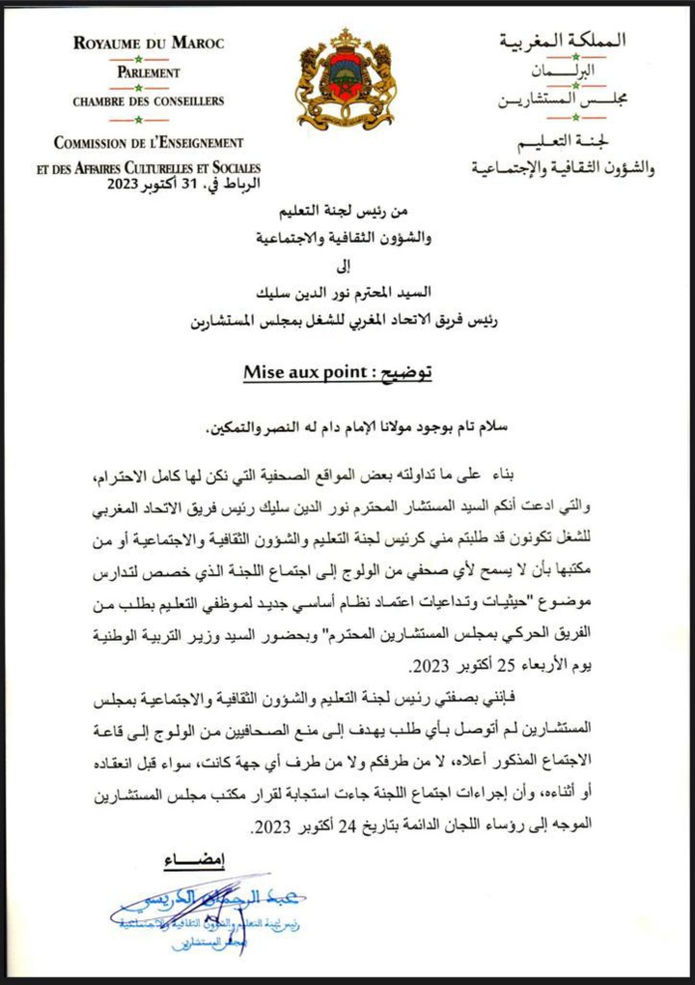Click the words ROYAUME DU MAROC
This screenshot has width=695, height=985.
[149, 44]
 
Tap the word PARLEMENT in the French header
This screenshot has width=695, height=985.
[147, 73]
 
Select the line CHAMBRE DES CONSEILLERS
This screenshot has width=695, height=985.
[148, 101]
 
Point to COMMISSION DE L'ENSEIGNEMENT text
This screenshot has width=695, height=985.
[149, 143]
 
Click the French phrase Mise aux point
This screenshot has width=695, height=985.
[294, 372]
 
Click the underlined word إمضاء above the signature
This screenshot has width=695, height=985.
[188, 857]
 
